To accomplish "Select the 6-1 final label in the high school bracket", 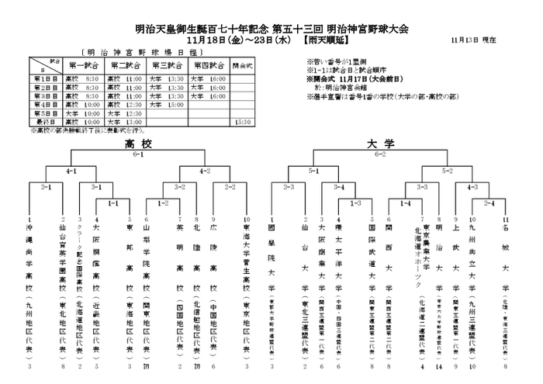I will click(139, 154).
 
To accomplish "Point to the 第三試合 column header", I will click(166, 65).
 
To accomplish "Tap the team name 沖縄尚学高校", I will click(29, 264).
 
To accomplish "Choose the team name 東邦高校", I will click(130, 264).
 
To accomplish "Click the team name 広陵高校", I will click(213, 264).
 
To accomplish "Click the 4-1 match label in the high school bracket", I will click(71, 170).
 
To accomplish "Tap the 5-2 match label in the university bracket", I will click(448, 170).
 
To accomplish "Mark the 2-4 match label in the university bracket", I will click(489, 203).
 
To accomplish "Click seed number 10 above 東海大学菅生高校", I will click(247, 220).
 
